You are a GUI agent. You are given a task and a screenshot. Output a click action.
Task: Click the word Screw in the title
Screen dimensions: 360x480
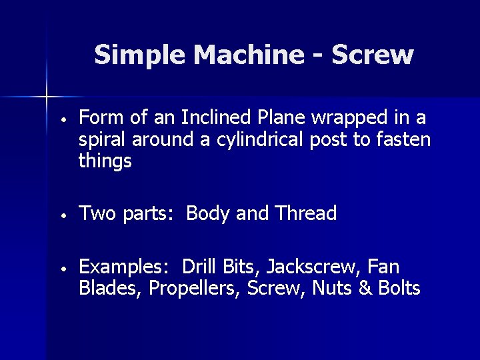(372, 55)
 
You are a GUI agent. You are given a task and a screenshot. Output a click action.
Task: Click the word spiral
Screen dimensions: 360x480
(103, 140)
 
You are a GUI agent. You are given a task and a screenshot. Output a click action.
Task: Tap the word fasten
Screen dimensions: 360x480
(403, 140)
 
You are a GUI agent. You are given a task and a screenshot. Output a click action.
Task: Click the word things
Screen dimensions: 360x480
(105, 161)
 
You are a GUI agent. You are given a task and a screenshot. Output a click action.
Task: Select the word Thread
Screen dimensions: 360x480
(305, 213)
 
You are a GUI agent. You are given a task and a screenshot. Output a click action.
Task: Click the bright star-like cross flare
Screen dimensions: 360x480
(47, 97)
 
